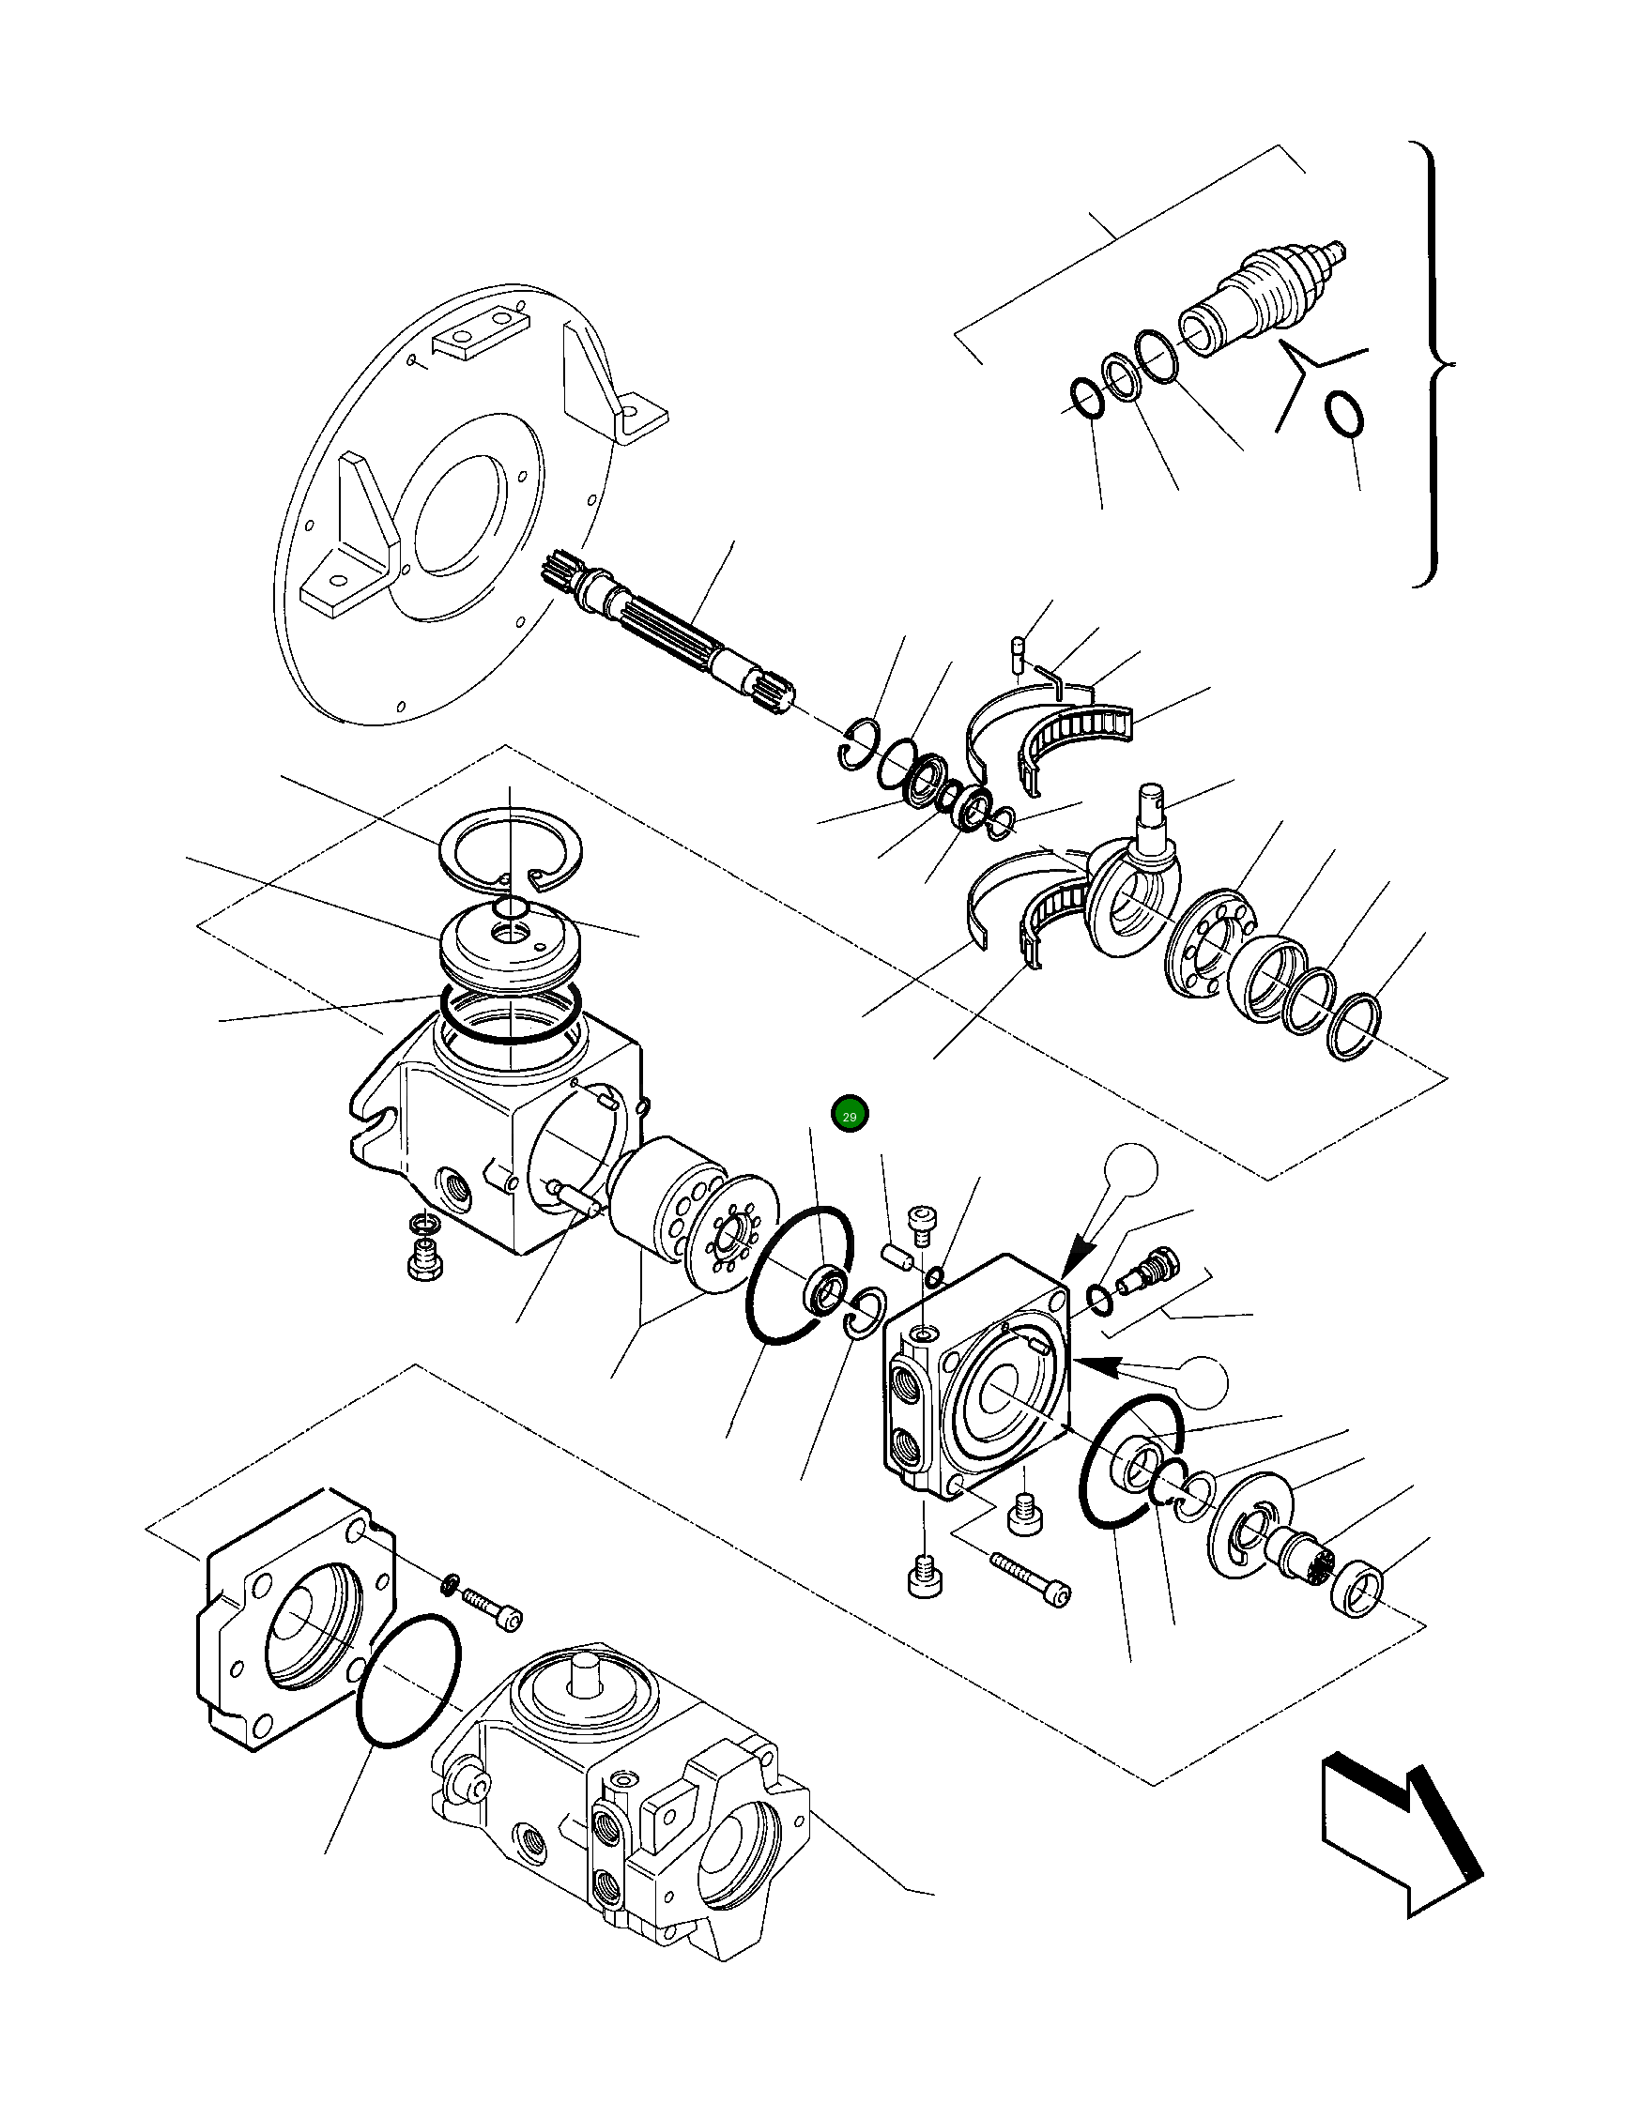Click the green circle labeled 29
tap(849, 1116)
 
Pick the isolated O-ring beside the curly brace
tap(1342, 414)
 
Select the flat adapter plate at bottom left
tap(289, 1618)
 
